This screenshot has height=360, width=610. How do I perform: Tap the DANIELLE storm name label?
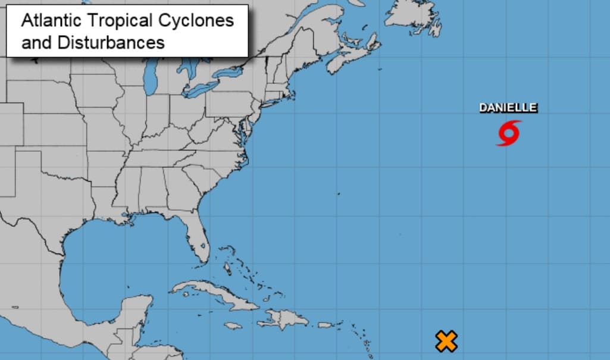(508, 108)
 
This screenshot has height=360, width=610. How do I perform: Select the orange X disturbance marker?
(446, 341)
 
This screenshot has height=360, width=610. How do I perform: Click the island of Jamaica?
(233, 325)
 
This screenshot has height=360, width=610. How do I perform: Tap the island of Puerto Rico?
(325, 324)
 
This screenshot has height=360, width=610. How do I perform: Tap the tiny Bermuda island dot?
(338, 193)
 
